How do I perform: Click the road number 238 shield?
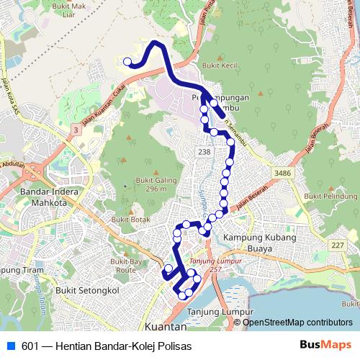(204, 153)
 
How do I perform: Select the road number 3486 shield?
(283, 174)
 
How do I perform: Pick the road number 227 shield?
(337, 246)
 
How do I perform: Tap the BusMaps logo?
(318, 346)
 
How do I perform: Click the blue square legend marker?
(10, 346)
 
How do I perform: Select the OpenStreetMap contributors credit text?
(297, 323)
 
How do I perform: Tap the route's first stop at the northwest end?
(127, 62)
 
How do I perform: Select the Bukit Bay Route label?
(122, 264)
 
